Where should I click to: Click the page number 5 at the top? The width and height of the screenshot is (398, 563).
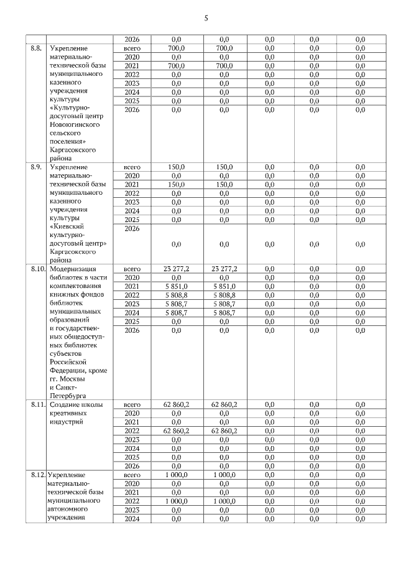coord(205,18)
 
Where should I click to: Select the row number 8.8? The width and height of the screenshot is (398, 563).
coord(36,48)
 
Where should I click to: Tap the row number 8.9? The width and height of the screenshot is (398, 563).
coord(36,167)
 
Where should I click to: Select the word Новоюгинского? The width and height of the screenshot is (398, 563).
coord(73,124)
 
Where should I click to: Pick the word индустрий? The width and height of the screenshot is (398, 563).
coord(65,422)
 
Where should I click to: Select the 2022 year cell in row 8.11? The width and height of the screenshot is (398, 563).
coord(132,430)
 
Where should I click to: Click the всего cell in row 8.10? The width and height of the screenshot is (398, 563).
coord(132,268)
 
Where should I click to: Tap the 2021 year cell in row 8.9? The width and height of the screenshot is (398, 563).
coord(132,185)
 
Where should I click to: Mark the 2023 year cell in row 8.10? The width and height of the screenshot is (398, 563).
coord(132,304)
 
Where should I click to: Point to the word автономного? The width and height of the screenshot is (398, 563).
coord(70,509)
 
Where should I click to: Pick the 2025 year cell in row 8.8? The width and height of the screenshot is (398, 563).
coord(132,101)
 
